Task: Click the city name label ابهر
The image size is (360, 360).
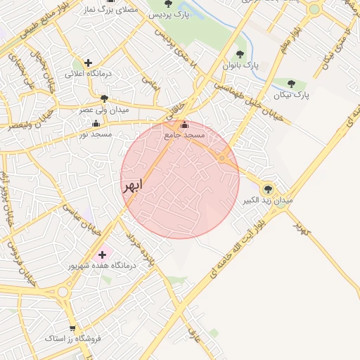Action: tap(132, 185)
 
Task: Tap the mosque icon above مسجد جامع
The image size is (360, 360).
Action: tap(184, 125)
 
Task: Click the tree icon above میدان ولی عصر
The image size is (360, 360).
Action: tap(105, 98)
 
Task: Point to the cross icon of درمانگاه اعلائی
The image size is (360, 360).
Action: tap(88, 63)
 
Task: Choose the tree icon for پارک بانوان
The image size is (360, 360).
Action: tap(240, 54)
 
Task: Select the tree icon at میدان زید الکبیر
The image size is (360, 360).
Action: tap(267, 188)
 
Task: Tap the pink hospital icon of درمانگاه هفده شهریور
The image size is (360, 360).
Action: tap(103, 254)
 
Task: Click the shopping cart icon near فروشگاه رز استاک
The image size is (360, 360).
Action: tap(72, 328)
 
